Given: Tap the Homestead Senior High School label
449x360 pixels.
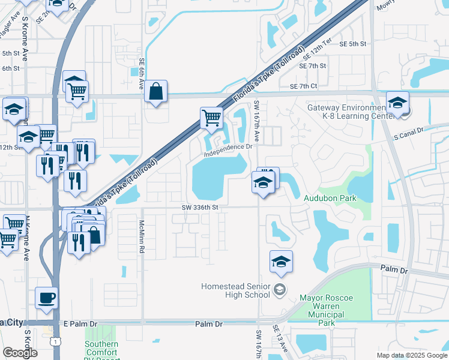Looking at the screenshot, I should pos(236,290).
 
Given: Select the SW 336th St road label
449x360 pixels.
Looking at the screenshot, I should pos(198,208).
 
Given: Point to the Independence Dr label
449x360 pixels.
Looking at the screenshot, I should pos(227,151).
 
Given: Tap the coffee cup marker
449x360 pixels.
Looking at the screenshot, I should pos(47,298).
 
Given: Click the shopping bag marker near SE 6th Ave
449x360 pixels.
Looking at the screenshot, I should pos(155,92).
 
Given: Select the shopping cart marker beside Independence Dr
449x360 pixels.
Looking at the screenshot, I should pos(211,118).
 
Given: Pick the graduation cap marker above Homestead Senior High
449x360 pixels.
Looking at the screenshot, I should pos(281,262).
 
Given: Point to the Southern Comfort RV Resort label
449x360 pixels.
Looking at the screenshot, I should pos(101,349).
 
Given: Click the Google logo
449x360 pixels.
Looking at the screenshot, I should pos(20,353).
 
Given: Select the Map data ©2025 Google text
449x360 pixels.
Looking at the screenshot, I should pos(411,355).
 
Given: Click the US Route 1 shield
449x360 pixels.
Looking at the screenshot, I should pos(55,341).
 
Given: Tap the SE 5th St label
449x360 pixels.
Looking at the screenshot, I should pos(352,44).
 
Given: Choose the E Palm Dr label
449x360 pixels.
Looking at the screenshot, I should pos(80,324).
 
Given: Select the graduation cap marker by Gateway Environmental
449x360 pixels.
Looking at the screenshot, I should pos(397,103).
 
